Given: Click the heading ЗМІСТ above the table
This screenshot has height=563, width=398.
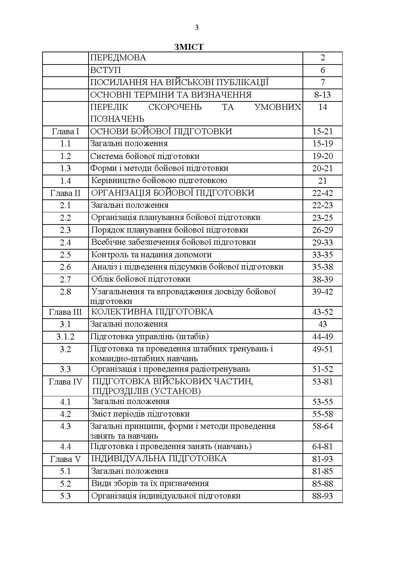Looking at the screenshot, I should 189,47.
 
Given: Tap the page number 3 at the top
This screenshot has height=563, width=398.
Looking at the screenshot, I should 197,28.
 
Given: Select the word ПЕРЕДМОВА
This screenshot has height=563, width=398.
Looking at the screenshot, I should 118,58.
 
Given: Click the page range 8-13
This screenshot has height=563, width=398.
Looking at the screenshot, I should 322,95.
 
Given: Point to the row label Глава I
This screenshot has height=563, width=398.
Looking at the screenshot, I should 66,131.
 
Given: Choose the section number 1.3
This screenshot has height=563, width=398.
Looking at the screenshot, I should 66,168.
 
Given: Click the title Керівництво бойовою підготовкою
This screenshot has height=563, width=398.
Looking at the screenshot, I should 159,181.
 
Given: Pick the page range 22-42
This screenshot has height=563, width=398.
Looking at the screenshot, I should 322,193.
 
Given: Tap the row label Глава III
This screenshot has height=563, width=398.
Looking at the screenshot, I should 66,312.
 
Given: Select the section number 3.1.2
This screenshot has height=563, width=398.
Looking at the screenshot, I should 66,337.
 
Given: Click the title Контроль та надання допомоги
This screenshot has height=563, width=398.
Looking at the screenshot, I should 151,254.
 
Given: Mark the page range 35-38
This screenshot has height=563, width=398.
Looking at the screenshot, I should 322,267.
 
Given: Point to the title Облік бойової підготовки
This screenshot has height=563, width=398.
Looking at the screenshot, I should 140,279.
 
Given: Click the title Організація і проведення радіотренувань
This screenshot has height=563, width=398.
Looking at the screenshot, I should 170,369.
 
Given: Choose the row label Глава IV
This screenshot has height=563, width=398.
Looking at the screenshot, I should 66,382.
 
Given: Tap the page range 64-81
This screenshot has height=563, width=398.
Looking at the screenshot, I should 322,447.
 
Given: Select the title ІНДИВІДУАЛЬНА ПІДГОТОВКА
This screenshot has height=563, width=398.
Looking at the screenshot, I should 159,459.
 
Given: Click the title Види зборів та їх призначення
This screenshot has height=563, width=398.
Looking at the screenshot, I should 150,484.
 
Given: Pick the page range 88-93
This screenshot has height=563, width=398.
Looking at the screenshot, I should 322,496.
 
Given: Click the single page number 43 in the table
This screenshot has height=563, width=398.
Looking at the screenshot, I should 322,324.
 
